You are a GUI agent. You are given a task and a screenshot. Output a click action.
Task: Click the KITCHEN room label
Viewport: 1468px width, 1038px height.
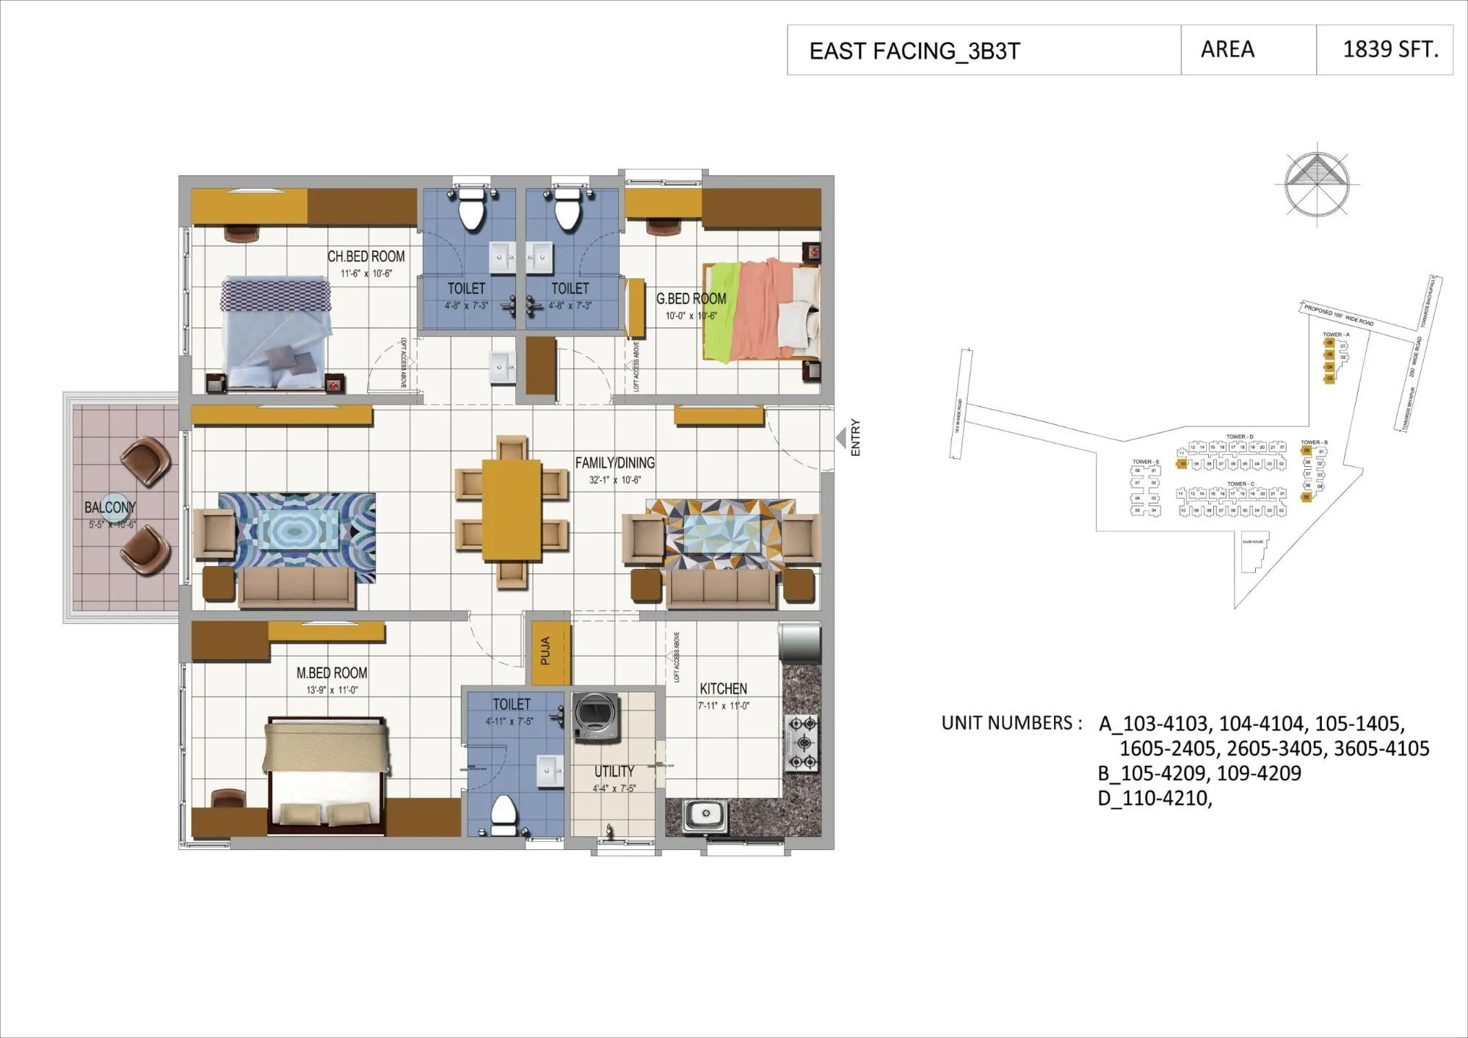[723, 689]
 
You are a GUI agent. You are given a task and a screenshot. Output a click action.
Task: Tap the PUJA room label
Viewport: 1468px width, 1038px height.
[545, 651]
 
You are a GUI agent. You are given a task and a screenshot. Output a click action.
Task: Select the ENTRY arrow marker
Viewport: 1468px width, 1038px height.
[840, 438]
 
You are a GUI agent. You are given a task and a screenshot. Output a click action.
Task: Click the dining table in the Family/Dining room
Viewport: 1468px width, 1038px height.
[512, 509]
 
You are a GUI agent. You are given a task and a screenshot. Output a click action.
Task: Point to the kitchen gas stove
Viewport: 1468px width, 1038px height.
[802, 743]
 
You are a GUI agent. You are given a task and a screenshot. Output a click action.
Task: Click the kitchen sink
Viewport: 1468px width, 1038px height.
[705, 815]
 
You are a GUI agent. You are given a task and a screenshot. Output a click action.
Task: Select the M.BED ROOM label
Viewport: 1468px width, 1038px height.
[332, 672]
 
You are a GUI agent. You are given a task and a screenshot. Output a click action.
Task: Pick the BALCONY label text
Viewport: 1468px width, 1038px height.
[109, 507]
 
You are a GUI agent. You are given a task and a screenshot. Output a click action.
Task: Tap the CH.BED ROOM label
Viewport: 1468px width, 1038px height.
[366, 256]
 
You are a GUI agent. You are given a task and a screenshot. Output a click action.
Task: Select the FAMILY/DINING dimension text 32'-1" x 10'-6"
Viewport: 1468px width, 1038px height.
[614, 480]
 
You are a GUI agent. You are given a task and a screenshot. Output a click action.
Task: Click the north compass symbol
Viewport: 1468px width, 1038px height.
[1317, 184]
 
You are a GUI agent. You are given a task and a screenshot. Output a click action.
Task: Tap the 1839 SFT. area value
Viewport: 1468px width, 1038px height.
[1389, 49]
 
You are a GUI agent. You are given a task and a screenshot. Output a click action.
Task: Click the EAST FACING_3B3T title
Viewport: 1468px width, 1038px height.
[914, 51]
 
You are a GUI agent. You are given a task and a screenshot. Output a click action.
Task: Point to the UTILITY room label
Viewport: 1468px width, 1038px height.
[614, 771]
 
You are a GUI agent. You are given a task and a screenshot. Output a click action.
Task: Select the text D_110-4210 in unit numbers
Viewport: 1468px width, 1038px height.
[1154, 799]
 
